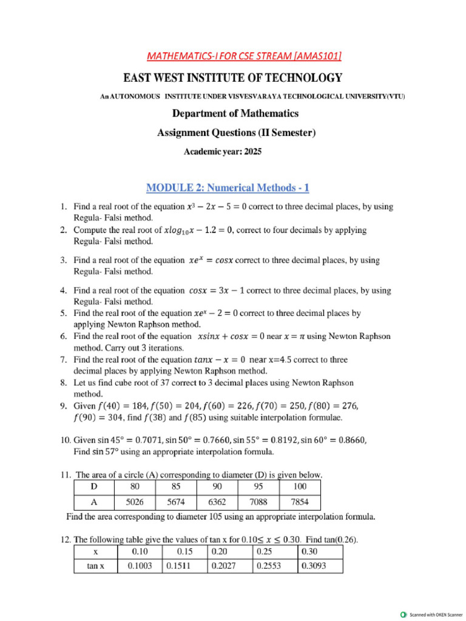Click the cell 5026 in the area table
(x=135, y=502)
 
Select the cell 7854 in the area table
(x=300, y=502)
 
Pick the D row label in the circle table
(x=93, y=486)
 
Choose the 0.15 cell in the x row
(x=184, y=551)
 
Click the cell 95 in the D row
(x=258, y=486)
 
